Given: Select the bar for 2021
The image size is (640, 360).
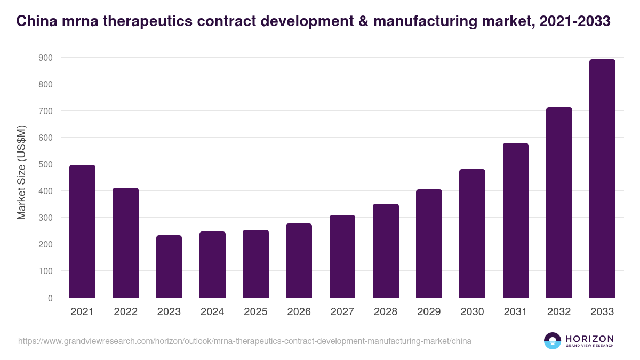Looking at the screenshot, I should [82, 231].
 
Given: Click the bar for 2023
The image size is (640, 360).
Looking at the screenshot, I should [169, 267].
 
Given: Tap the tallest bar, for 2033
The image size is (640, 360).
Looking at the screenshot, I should [602, 179].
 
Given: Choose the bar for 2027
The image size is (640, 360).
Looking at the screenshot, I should [342, 257].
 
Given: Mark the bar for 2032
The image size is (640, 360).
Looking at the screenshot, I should [559, 203].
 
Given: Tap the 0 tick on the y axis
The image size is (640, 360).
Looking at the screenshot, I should [50, 298].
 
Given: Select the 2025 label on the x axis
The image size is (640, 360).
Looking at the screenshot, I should [255, 312].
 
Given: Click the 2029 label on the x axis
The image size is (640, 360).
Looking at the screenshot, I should [429, 312].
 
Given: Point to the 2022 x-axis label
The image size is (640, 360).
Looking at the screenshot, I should [125, 312].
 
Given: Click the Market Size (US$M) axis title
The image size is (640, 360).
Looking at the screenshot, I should [21, 172].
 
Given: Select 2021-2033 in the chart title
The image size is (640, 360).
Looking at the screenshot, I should [575, 21].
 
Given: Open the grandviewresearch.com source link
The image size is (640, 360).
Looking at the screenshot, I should [245, 341].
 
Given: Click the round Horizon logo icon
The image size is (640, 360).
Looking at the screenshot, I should [553, 341].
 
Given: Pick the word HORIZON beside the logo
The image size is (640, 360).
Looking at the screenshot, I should [589, 339].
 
